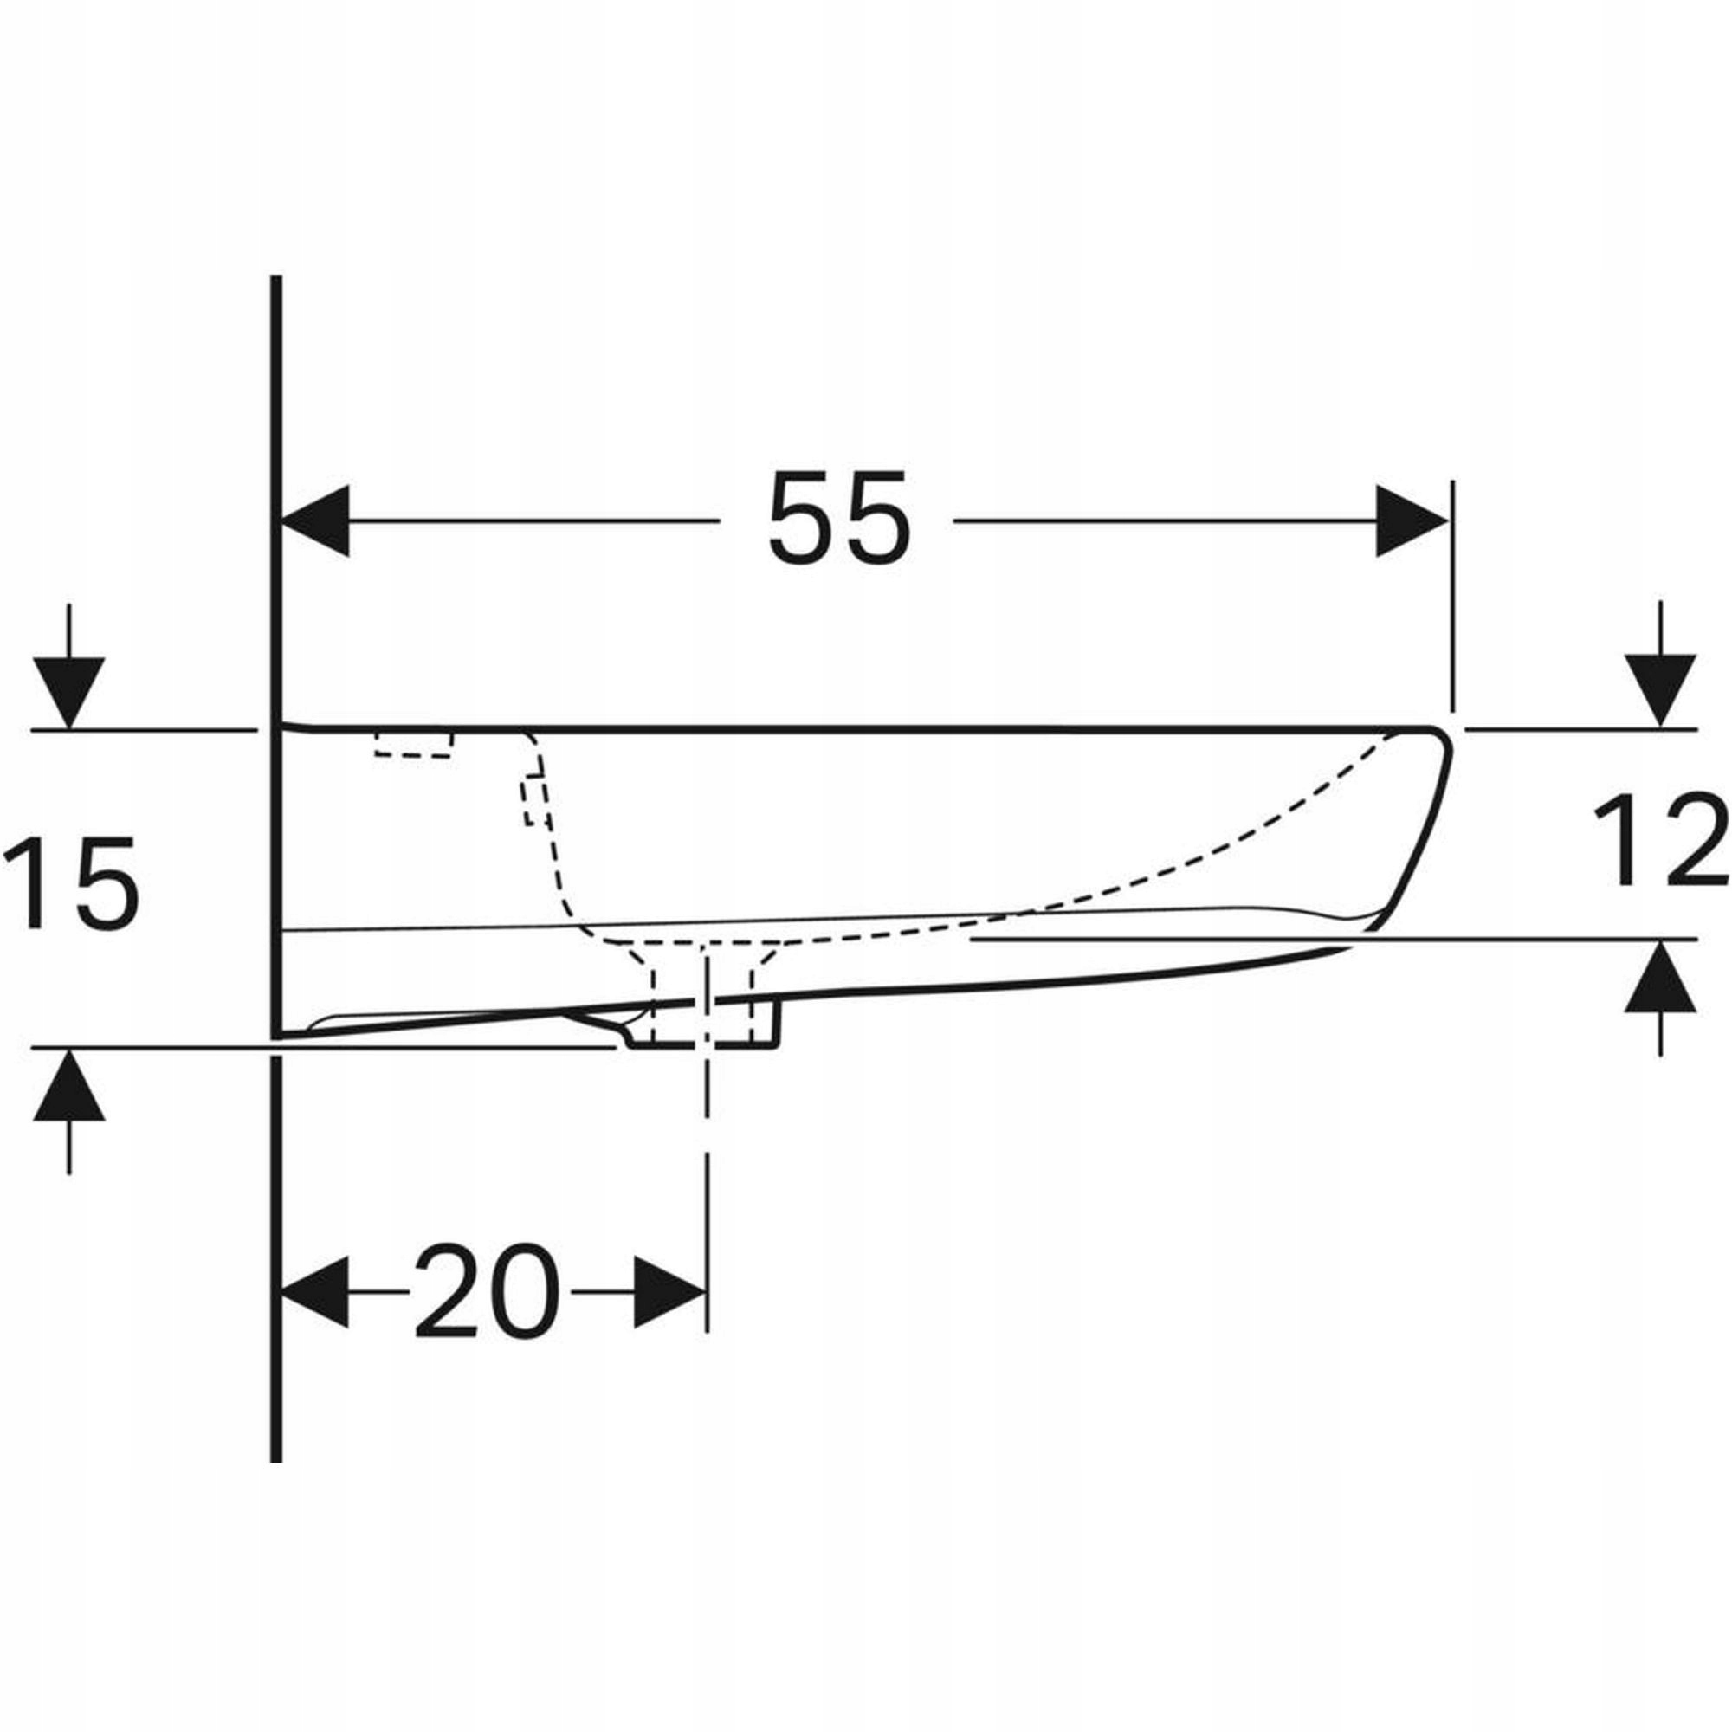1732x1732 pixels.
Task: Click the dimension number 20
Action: (487, 1293)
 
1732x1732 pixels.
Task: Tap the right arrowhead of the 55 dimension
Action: (1412, 520)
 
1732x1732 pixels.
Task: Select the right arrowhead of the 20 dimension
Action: (669, 1292)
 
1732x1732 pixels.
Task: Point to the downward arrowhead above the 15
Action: (69, 692)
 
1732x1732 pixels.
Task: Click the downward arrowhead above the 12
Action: (1661, 689)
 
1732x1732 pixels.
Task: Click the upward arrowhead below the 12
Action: (1661, 978)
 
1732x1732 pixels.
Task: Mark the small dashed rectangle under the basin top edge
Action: (413, 744)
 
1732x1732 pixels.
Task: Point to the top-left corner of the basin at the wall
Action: (285, 727)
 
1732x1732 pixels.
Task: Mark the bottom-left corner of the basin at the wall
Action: (285, 1037)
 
